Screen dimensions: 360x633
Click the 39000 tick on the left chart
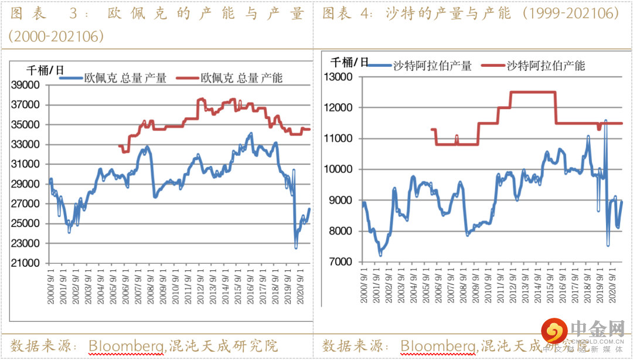(26, 85)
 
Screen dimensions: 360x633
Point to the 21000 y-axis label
(26, 263)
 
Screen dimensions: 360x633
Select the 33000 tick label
(26, 144)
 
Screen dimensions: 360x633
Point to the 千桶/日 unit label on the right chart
(350, 62)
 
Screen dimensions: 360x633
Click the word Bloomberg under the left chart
(126, 345)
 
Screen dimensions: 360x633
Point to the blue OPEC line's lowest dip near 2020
(297, 247)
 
